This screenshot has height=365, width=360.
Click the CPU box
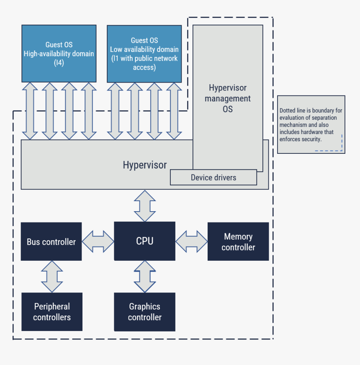pyautogui.click(x=144, y=241)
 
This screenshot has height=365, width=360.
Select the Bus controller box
pyautogui.click(x=51, y=242)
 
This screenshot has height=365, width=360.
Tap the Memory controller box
pyautogui.click(x=238, y=242)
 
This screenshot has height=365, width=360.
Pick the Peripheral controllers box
pyautogui.click(x=52, y=312)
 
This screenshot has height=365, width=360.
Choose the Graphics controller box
pyautogui.click(x=144, y=312)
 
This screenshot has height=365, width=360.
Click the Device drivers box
pyautogui.click(x=213, y=177)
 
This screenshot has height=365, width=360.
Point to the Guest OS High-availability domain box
pyautogui.click(x=59, y=54)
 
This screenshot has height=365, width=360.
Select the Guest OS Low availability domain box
pyautogui.click(x=144, y=54)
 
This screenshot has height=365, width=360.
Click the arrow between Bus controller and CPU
pyautogui.click(x=98, y=241)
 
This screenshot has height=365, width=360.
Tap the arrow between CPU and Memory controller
pyautogui.click(x=191, y=241)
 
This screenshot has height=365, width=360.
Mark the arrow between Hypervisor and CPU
pyautogui.click(x=145, y=206)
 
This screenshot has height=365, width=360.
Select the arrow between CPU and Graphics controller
pyautogui.click(x=145, y=277)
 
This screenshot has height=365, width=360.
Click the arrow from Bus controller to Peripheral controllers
pyautogui.click(x=52, y=277)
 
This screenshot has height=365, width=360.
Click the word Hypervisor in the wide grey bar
pyautogui.click(x=144, y=165)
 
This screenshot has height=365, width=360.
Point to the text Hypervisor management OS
pyautogui.click(x=228, y=98)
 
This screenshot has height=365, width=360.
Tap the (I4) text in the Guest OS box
pyautogui.click(x=59, y=63)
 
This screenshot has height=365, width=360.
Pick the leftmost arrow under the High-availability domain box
pyautogui.click(x=30, y=111)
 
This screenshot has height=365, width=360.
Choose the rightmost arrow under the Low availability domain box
pyautogui.click(x=174, y=111)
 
